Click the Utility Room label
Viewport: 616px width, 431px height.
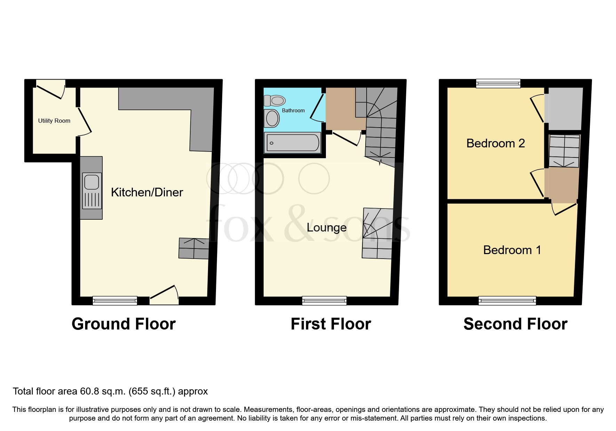(x=54, y=121)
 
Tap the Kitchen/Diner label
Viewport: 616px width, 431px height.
(x=147, y=192)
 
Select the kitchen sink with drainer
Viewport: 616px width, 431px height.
(x=92, y=191)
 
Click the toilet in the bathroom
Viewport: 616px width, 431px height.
(x=275, y=101)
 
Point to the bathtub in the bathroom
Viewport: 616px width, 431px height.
(x=293, y=143)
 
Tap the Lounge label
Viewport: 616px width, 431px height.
(x=326, y=228)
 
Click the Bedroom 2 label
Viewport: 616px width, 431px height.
(x=495, y=143)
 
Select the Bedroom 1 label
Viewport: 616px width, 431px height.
(x=512, y=250)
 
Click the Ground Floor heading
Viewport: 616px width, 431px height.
(x=123, y=324)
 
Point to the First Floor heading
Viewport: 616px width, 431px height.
(x=331, y=324)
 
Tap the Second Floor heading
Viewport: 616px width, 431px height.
(x=515, y=324)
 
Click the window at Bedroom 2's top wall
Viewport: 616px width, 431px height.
(x=498, y=83)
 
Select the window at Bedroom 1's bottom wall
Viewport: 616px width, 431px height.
(x=507, y=300)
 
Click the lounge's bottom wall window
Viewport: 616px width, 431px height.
(x=324, y=300)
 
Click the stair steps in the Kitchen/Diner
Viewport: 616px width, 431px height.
(x=194, y=249)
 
